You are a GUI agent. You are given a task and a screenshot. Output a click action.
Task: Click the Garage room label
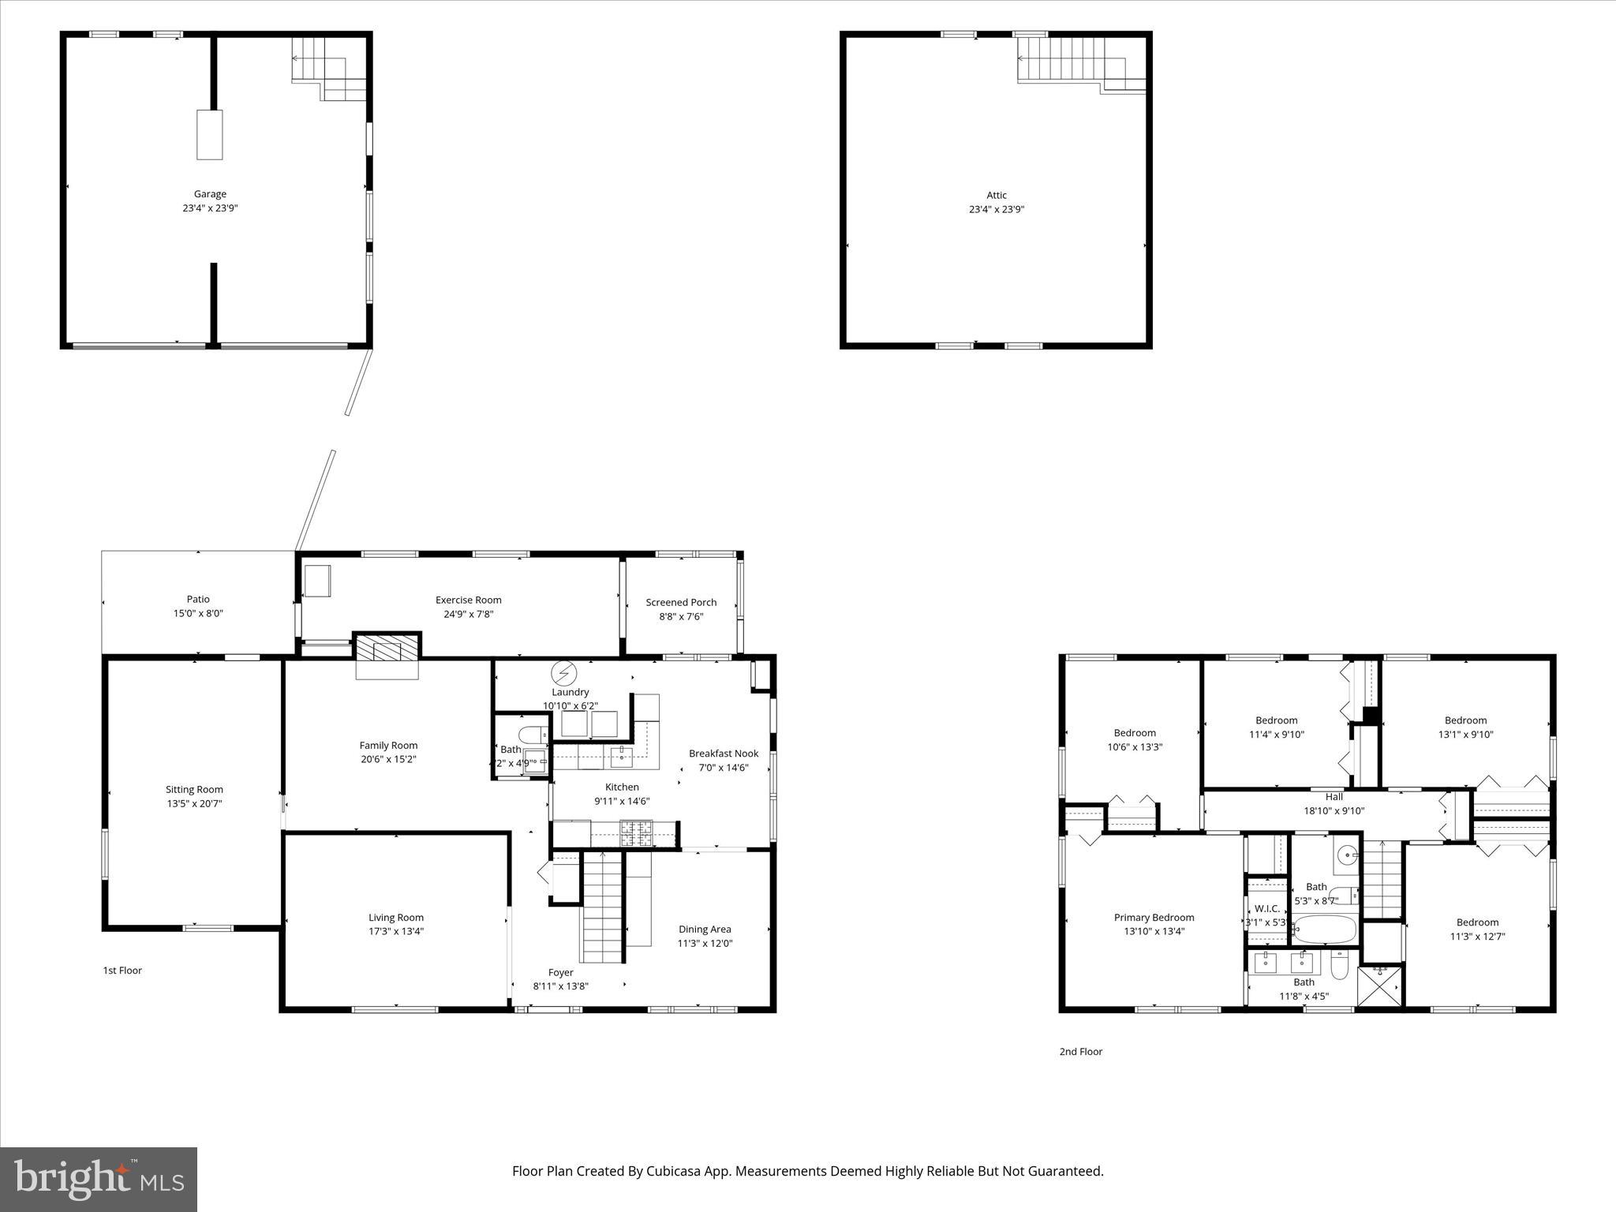tap(210, 194)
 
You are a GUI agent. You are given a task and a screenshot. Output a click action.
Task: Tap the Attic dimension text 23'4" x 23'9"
tap(997, 210)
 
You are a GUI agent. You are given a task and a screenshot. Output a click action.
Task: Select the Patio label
tap(198, 600)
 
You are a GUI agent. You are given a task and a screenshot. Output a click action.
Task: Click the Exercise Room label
tap(468, 600)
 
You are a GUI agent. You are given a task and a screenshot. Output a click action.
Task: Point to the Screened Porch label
tap(681, 603)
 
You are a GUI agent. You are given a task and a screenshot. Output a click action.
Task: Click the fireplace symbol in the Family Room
tap(387, 650)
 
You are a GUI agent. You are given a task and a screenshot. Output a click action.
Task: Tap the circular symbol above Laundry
tap(564, 673)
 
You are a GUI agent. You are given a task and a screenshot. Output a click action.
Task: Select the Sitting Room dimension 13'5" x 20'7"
tap(194, 804)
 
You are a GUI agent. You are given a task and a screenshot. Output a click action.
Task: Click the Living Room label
tap(396, 918)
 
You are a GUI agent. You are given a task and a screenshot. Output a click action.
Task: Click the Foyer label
tap(561, 973)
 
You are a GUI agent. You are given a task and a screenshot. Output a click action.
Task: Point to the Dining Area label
tap(705, 930)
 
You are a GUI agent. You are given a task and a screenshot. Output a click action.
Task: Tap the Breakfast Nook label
tap(724, 754)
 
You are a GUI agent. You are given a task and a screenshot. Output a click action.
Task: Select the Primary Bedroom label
tap(1154, 918)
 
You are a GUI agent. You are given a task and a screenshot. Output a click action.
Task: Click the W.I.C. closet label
tap(1267, 909)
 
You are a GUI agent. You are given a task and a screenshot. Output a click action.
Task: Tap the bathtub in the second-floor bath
tap(1326, 930)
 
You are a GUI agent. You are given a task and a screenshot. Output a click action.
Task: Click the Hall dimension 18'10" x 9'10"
tap(1334, 811)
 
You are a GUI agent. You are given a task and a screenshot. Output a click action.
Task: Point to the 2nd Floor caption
tap(1080, 1052)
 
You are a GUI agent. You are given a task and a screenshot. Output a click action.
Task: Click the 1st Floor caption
tap(122, 971)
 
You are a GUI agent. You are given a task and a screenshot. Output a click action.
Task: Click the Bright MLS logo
tap(99, 1179)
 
